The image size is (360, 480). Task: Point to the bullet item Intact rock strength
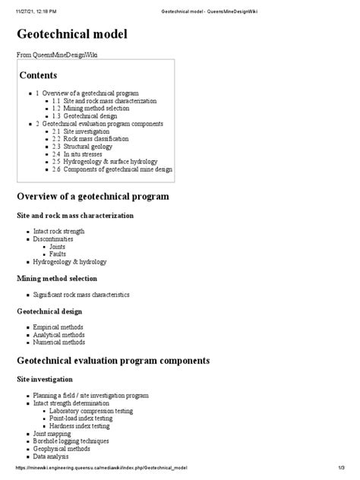[59, 231]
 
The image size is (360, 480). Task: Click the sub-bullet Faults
[59, 254]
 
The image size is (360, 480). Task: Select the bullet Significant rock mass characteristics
[82, 293]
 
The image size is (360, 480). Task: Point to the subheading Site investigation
[45, 378]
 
